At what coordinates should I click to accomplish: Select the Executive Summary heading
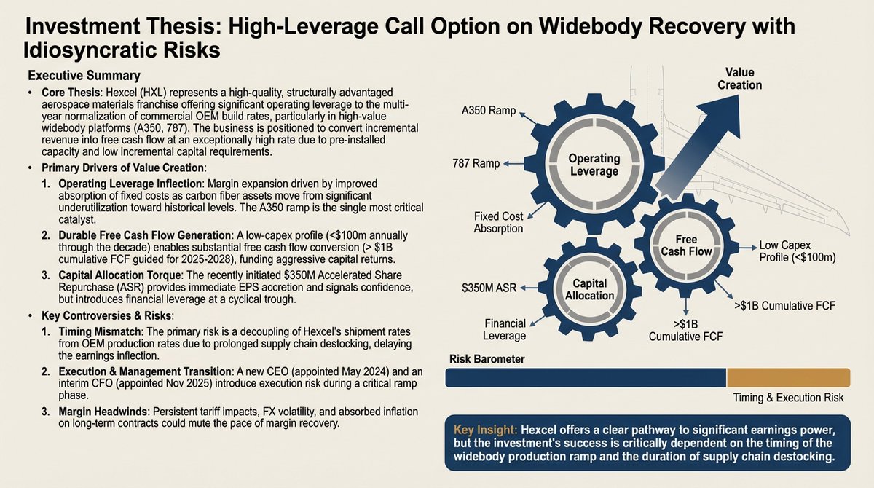84,76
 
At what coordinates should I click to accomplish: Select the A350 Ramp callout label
489,111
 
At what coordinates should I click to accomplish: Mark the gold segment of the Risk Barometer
788,377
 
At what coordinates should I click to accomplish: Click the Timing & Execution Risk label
788,398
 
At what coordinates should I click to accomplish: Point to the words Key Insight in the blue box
484,430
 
